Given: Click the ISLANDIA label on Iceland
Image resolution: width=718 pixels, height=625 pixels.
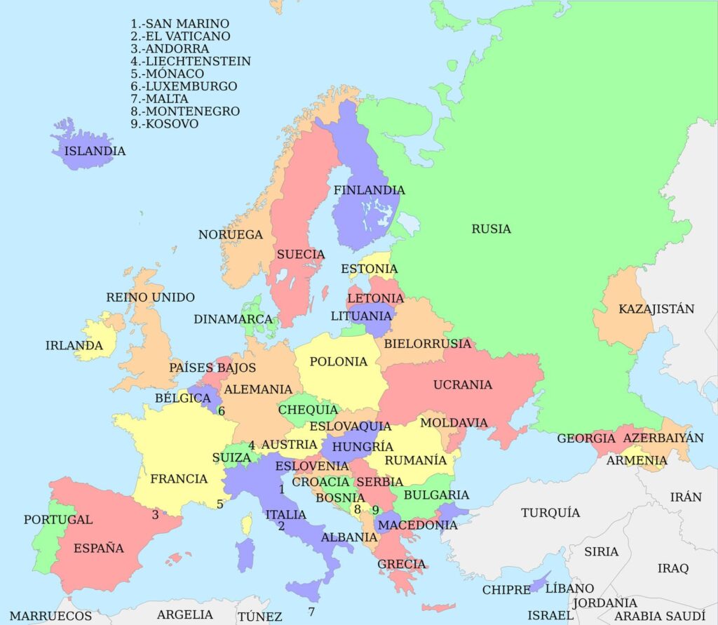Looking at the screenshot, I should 95,151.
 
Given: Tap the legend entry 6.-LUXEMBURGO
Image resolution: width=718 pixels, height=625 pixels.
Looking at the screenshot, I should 184,86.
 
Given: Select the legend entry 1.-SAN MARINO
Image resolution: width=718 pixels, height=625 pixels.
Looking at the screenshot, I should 179,24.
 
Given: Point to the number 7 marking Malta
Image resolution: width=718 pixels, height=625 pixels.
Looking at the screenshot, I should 311,612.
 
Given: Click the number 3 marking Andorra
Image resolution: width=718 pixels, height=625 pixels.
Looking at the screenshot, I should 155,514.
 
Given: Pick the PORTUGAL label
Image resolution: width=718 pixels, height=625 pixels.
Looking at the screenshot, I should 57,520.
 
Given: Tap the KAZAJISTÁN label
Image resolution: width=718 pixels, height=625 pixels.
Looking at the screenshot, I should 656,309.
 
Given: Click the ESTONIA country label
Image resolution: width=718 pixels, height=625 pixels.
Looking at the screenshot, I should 369,269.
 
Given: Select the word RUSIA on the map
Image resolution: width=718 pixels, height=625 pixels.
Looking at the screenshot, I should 491,229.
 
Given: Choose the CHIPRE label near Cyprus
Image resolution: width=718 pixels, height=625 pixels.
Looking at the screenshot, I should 506,590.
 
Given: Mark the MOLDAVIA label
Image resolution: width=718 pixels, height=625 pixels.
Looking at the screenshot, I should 454,423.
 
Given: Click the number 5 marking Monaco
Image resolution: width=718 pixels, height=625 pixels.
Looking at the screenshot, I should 219,504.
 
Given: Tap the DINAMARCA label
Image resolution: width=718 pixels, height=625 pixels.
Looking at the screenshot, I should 233,319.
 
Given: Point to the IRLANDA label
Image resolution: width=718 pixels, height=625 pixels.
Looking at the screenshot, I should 74,345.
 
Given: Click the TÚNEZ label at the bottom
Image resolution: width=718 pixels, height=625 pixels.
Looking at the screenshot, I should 259,617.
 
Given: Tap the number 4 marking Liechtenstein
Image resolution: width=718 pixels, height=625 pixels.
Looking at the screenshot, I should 252,445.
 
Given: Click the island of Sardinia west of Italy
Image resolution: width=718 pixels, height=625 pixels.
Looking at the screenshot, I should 245,553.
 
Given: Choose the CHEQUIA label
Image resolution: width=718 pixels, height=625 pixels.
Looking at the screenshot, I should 308,410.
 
